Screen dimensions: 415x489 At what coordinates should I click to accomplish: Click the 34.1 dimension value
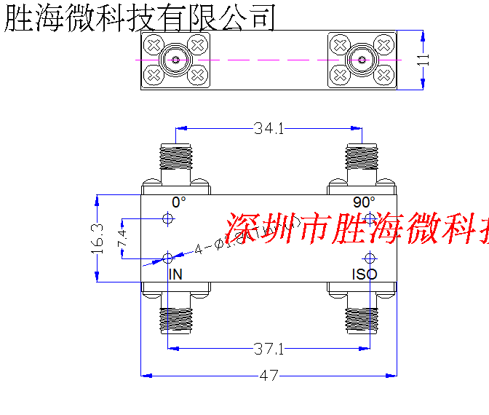269,129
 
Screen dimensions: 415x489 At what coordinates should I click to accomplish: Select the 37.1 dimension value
269,349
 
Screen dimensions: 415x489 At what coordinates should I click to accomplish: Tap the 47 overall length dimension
269,376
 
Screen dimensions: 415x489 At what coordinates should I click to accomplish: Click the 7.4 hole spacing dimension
122,238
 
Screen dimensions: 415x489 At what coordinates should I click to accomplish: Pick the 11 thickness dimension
424,60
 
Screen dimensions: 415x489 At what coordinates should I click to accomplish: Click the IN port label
175,274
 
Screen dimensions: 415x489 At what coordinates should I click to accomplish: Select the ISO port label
365,274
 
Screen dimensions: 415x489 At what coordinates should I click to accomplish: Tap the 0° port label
179,202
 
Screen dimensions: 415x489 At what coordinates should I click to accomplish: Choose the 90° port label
365,202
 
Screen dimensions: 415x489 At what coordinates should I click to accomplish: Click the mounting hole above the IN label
168,258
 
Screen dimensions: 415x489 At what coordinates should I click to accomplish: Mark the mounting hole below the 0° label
168,218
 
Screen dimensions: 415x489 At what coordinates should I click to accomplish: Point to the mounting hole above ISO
370,258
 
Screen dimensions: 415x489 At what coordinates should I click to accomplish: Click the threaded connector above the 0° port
175,156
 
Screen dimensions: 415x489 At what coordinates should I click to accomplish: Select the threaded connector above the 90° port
362,156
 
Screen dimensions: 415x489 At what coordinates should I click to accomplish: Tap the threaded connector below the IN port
175,319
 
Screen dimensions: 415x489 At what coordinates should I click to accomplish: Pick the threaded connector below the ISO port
362,319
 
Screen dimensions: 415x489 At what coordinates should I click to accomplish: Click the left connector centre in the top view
175,60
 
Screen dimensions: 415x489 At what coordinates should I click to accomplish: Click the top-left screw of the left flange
154,45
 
